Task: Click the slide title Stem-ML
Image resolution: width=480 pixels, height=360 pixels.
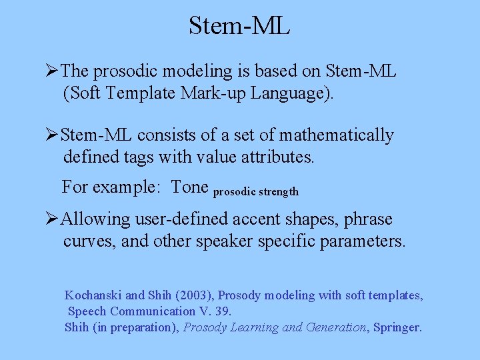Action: [239, 25]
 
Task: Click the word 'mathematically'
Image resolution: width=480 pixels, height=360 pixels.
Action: [336, 135]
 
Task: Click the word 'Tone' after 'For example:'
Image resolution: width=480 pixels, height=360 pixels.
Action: [190, 187]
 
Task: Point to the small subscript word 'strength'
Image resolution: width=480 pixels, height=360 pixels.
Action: [280, 192]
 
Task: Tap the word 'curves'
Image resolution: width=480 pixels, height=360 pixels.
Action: [87, 241]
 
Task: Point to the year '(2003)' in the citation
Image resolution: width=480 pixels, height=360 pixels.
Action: [193, 295]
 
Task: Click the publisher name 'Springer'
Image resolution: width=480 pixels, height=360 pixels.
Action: [397, 327]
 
